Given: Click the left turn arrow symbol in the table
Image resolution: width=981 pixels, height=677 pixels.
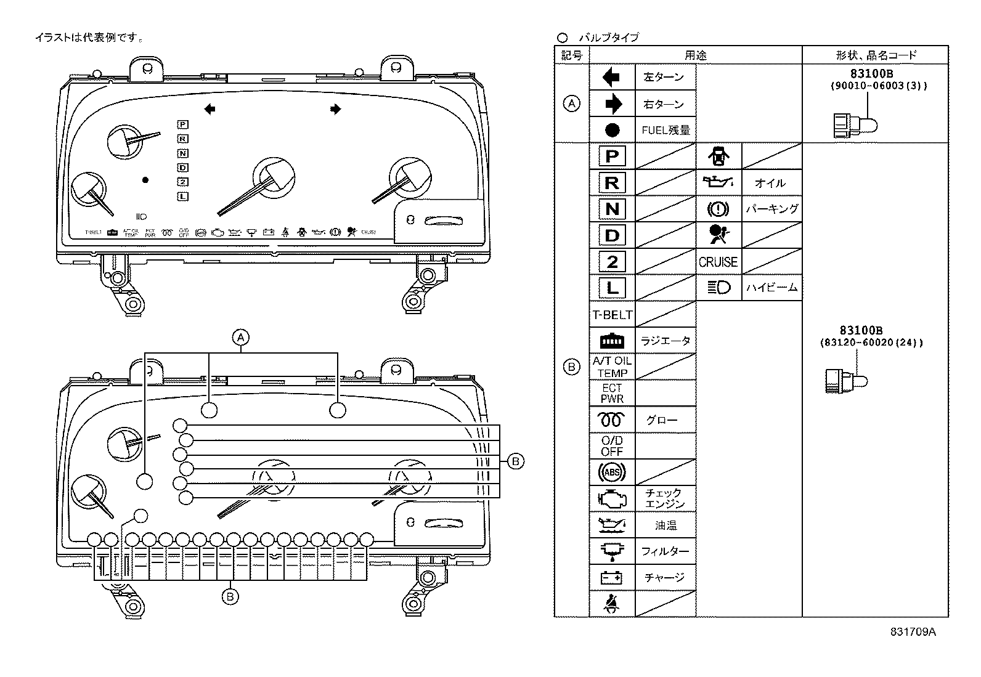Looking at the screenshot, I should [x=611, y=77].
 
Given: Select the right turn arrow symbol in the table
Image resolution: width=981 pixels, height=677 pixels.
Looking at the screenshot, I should [x=613, y=104].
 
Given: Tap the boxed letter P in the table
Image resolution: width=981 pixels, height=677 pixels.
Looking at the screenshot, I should [x=612, y=156].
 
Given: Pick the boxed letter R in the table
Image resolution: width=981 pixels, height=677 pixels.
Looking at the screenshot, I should [x=612, y=182].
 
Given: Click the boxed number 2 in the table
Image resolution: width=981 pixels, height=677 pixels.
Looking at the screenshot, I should [x=612, y=262].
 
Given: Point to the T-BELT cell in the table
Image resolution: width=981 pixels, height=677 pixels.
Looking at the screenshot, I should [x=612, y=315].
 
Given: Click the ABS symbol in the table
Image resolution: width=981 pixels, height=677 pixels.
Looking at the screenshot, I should [x=611, y=472].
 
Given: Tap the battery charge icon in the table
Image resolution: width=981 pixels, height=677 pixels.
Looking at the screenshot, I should [x=611, y=578].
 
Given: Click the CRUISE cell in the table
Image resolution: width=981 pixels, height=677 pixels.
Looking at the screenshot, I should [x=718, y=262].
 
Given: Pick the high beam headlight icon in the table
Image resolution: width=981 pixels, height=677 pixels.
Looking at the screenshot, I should [x=718, y=288].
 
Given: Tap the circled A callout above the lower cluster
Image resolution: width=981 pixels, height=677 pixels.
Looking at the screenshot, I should [x=241, y=338].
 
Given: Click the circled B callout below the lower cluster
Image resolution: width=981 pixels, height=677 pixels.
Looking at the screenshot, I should [x=230, y=596].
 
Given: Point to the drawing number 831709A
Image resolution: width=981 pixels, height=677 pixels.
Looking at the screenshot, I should [x=913, y=632].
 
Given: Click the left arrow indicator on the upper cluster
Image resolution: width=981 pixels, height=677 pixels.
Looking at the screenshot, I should [x=210, y=110].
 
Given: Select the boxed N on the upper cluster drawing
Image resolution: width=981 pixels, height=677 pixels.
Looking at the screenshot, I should [x=183, y=153].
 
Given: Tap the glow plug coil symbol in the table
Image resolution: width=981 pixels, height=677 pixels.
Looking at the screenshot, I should [x=611, y=420].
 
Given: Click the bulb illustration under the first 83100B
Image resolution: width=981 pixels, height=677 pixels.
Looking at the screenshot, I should [x=854, y=125].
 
